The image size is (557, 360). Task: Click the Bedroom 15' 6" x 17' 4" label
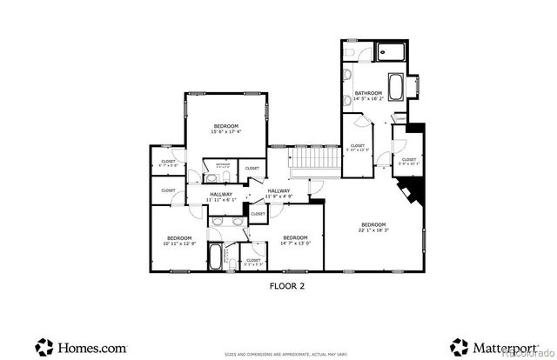click(226, 129)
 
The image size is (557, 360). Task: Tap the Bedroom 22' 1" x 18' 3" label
click(373, 227)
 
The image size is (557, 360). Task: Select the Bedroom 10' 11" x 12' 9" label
click(179, 241)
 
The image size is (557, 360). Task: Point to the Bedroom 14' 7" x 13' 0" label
click(294, 241)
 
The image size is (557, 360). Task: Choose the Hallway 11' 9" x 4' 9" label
click(278, 194)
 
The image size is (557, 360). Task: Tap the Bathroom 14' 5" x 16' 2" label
click(368, 96)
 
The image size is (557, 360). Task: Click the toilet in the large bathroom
click(349, 55)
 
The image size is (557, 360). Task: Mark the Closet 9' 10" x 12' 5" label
click(358, 148)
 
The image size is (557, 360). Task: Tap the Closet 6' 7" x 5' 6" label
click(168, 163)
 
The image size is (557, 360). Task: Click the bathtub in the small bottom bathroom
click(215, 257)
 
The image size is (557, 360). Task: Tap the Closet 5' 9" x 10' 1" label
click(407, 162)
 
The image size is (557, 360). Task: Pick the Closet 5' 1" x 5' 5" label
click(253, 262)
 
